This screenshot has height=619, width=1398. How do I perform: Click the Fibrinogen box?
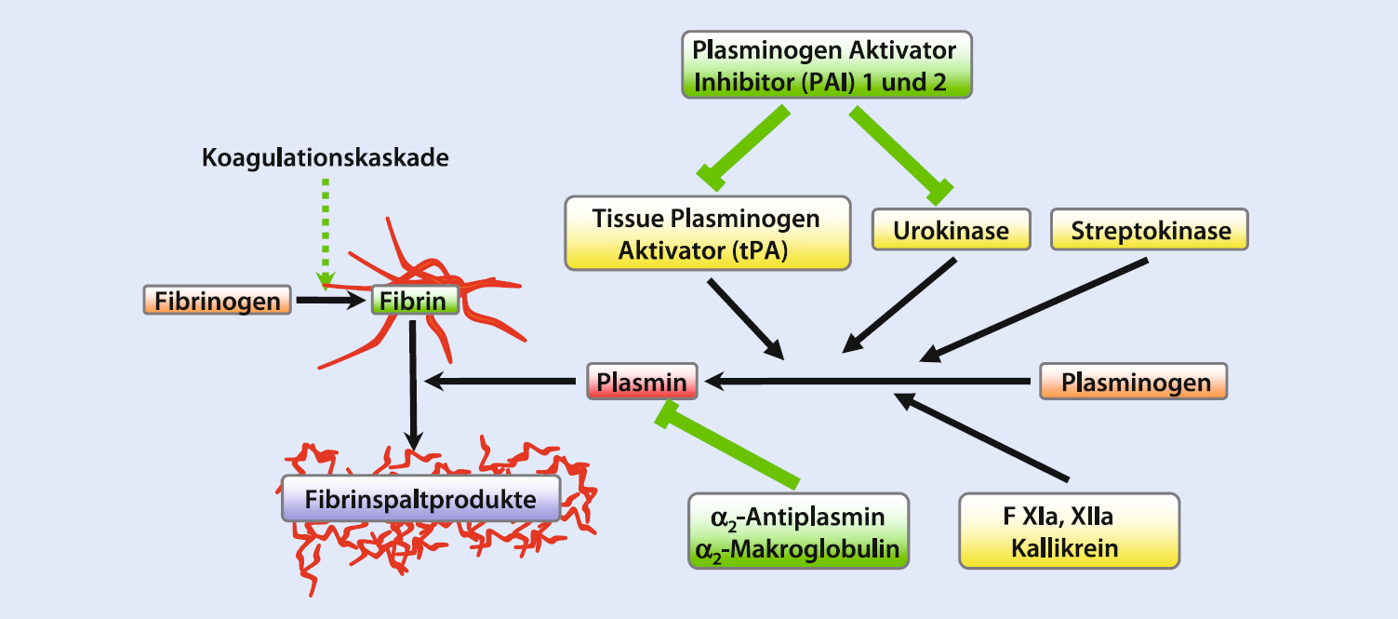click(x=218, y=301)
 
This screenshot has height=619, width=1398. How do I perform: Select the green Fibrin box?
click(x=415, y=301)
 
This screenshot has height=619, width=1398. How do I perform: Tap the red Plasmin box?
click(x=642, y=382)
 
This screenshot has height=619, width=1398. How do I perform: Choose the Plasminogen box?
click(x=1134, y=382)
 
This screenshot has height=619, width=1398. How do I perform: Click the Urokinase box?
click(x=952, y=230)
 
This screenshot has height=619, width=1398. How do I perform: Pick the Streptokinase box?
click(x=1150, y=230)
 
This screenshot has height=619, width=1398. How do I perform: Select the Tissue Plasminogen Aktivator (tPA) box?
click(x=708, y=234)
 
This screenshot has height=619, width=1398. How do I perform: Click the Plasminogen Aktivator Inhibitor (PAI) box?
click(x=827, y=65)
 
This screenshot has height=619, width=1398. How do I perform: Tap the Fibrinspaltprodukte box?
click(x=421, y=498)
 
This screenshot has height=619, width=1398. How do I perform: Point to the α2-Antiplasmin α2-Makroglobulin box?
click(x=798, y=531)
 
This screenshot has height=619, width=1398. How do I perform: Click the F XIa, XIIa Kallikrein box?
click(x=1069, y=531)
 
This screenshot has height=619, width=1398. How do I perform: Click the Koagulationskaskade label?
click(x=326, y=157)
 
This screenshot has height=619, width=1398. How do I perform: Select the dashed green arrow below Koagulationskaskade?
click(x=326, y=235)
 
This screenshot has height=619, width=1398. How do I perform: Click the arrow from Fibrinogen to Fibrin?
click(x=331, y=301)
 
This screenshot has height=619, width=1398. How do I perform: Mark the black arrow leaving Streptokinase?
click(x=1033, y=311)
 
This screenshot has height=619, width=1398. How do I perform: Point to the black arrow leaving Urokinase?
click(x=899, y=306)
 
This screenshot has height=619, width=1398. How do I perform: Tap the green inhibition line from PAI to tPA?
click(x=743, y=148)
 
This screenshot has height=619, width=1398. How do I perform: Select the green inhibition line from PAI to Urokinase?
click(x=901, y=155)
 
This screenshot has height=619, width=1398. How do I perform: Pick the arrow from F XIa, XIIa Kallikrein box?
click(x=981, y=437)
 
